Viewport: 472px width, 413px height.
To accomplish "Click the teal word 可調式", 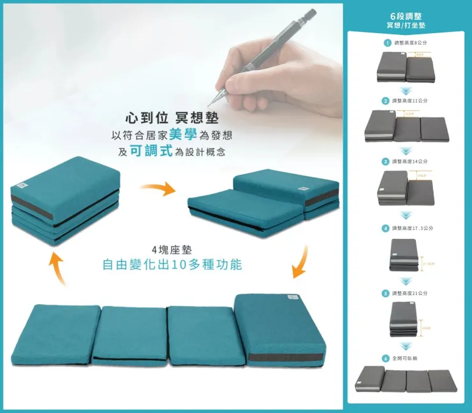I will coord(151,152).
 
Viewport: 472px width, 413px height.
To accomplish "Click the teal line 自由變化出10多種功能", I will coord(172,264).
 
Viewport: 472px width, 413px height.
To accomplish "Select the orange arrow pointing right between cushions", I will coord(157,189).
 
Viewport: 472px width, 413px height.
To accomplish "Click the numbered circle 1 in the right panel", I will coord(387,43).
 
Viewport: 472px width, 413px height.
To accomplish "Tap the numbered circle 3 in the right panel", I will coord(385,161).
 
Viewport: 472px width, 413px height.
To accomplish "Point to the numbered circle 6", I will coord(385,358).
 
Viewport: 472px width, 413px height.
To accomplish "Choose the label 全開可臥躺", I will coord(406,358).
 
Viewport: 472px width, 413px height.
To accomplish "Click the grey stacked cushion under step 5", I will coord(404,319).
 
